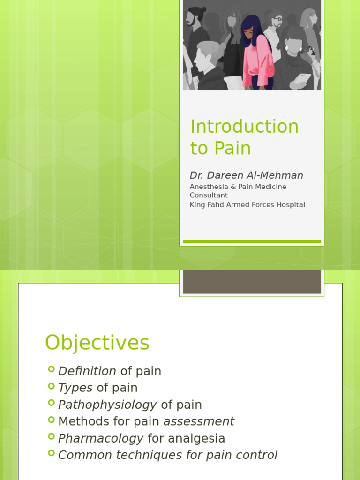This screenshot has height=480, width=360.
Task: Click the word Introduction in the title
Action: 244,127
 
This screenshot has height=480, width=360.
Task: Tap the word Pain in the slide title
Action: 233,148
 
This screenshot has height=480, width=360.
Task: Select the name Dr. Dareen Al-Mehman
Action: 246,175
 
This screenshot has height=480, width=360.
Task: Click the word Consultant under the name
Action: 209,195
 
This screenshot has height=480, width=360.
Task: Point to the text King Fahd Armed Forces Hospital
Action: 247,204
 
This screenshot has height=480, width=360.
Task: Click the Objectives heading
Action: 97,343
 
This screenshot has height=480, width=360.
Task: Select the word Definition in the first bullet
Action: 87,371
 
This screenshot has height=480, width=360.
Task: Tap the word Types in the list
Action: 75,388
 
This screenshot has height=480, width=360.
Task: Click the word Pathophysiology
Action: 107,405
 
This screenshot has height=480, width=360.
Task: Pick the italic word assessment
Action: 199,421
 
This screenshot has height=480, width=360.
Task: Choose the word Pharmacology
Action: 101,438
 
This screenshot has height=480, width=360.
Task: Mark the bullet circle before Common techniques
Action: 52,453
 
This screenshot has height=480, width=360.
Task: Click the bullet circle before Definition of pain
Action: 52,369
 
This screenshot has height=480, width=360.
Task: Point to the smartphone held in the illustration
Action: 304,78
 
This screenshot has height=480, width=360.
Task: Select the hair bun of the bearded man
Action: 197,10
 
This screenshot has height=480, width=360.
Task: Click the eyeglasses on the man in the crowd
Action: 278,19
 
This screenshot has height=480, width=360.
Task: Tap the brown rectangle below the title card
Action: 252,282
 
